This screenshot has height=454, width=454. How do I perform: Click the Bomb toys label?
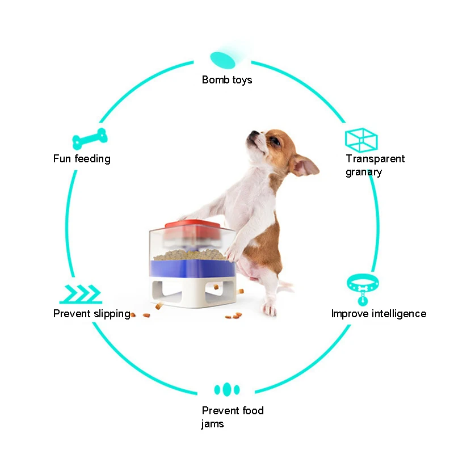click(226, 80)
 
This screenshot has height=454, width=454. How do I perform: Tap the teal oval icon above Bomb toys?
click(222, 58)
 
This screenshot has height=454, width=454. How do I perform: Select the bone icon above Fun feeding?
click(90, 138)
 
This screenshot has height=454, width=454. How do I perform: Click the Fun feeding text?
click(82, 159)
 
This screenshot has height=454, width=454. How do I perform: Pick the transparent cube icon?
click(361, 139)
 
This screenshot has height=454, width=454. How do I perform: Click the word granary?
click(364, 172)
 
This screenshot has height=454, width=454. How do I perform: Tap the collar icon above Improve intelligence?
click(363, 287)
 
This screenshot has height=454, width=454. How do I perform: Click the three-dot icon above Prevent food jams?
click(227, 389)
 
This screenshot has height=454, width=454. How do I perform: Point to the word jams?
click(212, 424)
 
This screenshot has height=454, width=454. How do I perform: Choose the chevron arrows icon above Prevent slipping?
click(81, 295)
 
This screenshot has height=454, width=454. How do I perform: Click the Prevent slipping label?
click(91, 314)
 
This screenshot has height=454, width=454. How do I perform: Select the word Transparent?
click(375, 159)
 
